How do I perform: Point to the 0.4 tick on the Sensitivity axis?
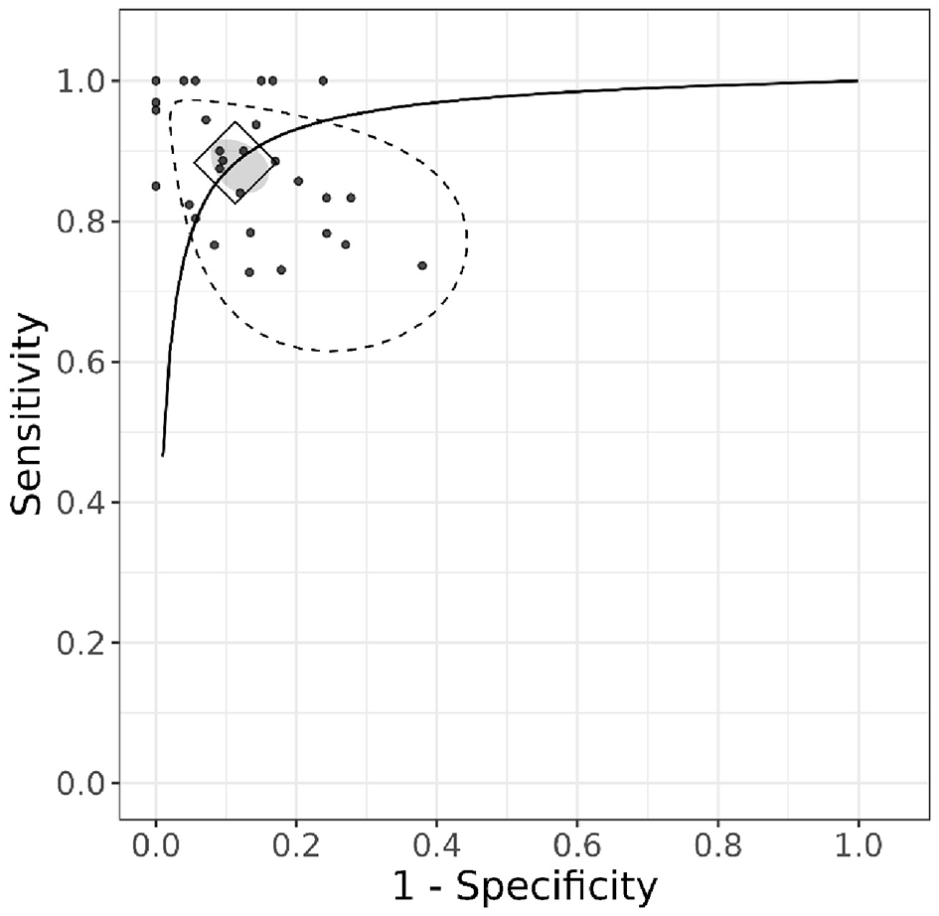pyautogui.click(x=85, y=503)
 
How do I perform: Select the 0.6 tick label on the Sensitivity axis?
pyautogui.click(x=85, y=363)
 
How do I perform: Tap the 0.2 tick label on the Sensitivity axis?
pyautogui.click(x=85, y=644)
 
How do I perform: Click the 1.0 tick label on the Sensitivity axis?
pyautogui.click(x=85, y=80)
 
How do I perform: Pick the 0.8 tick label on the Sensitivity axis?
pyautogui.click(x=85, y=222)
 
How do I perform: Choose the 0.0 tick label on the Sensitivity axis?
pyautogui.click(x=85, y=784)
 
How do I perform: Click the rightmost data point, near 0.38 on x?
pyautogui.click(x=422, y=265)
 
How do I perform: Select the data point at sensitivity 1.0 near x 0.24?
pyautogui.click(x=323, y=80)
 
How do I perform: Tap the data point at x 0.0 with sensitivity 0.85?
pyautogui.click(x=156, y=186)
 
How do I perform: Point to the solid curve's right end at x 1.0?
pyautogui.click(x=857, y=80)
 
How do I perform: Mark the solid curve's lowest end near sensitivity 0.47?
pyautogui.click(x=163, y=454)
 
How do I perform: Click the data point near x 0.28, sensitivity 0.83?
pyautogui.click(x=351, y=198)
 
